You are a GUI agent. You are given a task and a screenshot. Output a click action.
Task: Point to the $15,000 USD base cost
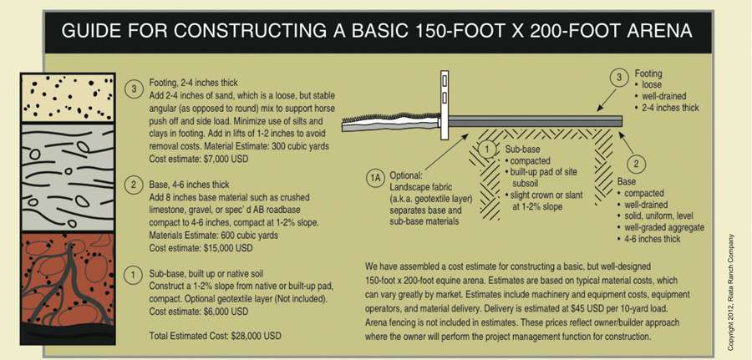(226, 248)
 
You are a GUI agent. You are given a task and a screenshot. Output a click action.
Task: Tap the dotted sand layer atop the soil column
(67, 98)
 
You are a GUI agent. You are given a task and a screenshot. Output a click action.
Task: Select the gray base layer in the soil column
(67, 177)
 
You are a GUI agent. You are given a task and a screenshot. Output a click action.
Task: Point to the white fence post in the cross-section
(445, 105)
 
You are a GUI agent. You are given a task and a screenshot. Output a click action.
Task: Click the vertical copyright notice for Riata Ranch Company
(731, 292)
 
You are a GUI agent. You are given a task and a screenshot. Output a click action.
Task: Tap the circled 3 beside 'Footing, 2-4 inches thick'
(134, 89)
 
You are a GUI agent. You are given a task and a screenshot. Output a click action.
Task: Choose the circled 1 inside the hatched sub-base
(488, 150)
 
